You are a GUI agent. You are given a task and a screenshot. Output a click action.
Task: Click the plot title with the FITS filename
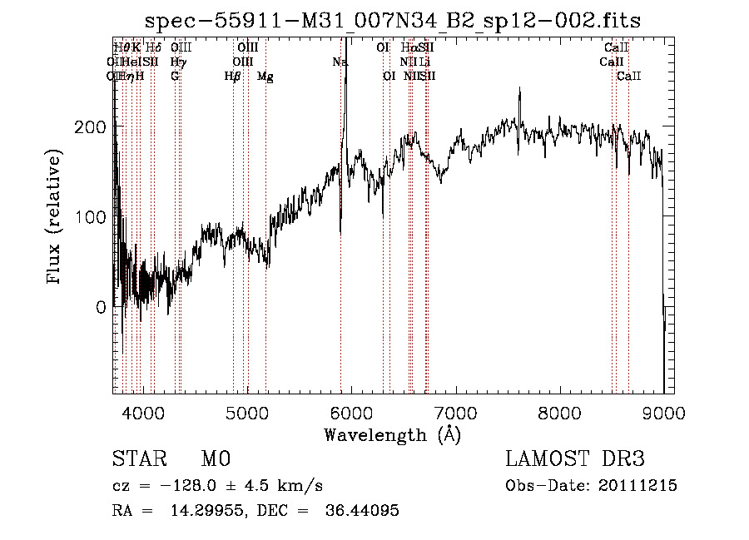point(393,21)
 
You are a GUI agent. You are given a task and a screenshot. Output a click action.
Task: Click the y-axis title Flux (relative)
point(56,218)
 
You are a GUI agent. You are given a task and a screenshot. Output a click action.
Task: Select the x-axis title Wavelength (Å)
point(392,434)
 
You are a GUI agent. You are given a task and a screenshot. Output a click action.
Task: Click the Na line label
point(340,62)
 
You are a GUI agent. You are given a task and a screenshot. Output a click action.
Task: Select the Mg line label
point(265,77)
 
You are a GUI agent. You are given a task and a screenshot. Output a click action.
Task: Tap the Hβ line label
point(232,77)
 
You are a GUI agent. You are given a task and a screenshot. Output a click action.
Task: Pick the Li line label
point(424,62)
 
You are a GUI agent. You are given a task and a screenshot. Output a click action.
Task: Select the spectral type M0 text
point(215,459)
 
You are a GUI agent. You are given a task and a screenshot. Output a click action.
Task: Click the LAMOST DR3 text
point(575,459)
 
